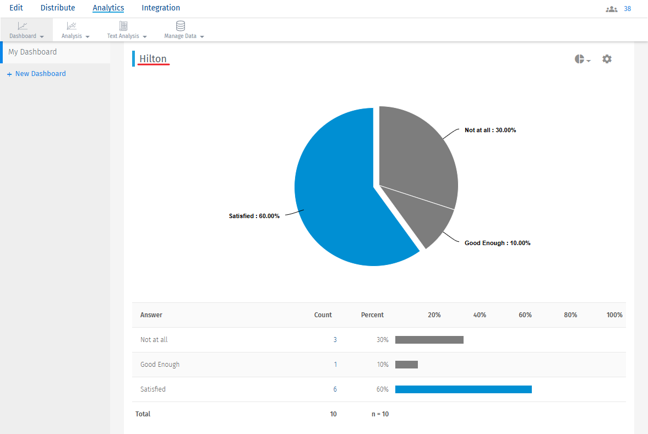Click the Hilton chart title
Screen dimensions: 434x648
click(x=153, y=59)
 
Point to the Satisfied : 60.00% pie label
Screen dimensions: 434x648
click(x=254, y=216)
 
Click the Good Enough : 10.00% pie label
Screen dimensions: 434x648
click(x=497, y=243)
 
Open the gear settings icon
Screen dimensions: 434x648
click(x=607, y=59)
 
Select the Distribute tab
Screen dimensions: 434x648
click(x=58, y=8)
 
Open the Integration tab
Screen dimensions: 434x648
click(x=161, y=8)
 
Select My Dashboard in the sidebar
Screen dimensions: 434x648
click(x=32, y=52)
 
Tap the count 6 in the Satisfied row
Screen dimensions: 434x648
click(x=335, y=389)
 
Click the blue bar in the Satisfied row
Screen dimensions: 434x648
click(x=464, y=389)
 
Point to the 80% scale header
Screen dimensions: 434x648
click(x=570, y=315)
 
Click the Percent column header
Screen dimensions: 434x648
click(x=372, y=315)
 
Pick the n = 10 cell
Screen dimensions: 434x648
click(x=380, y=414)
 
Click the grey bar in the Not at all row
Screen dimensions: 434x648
click(x=429, y=340)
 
